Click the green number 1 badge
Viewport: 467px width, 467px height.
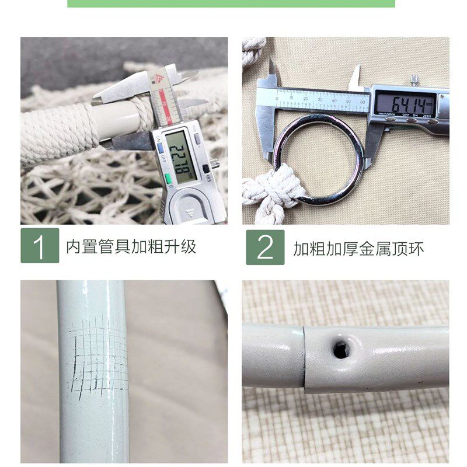pos(40,245)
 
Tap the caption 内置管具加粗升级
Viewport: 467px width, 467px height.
pos(131,246)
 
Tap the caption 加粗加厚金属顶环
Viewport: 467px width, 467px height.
pos(358,249)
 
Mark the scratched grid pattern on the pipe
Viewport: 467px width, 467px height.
pos(99,353)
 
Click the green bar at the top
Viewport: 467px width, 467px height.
pos(231,4)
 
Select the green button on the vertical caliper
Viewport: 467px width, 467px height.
pos(168,179)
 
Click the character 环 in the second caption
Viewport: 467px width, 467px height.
pos(416,249)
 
